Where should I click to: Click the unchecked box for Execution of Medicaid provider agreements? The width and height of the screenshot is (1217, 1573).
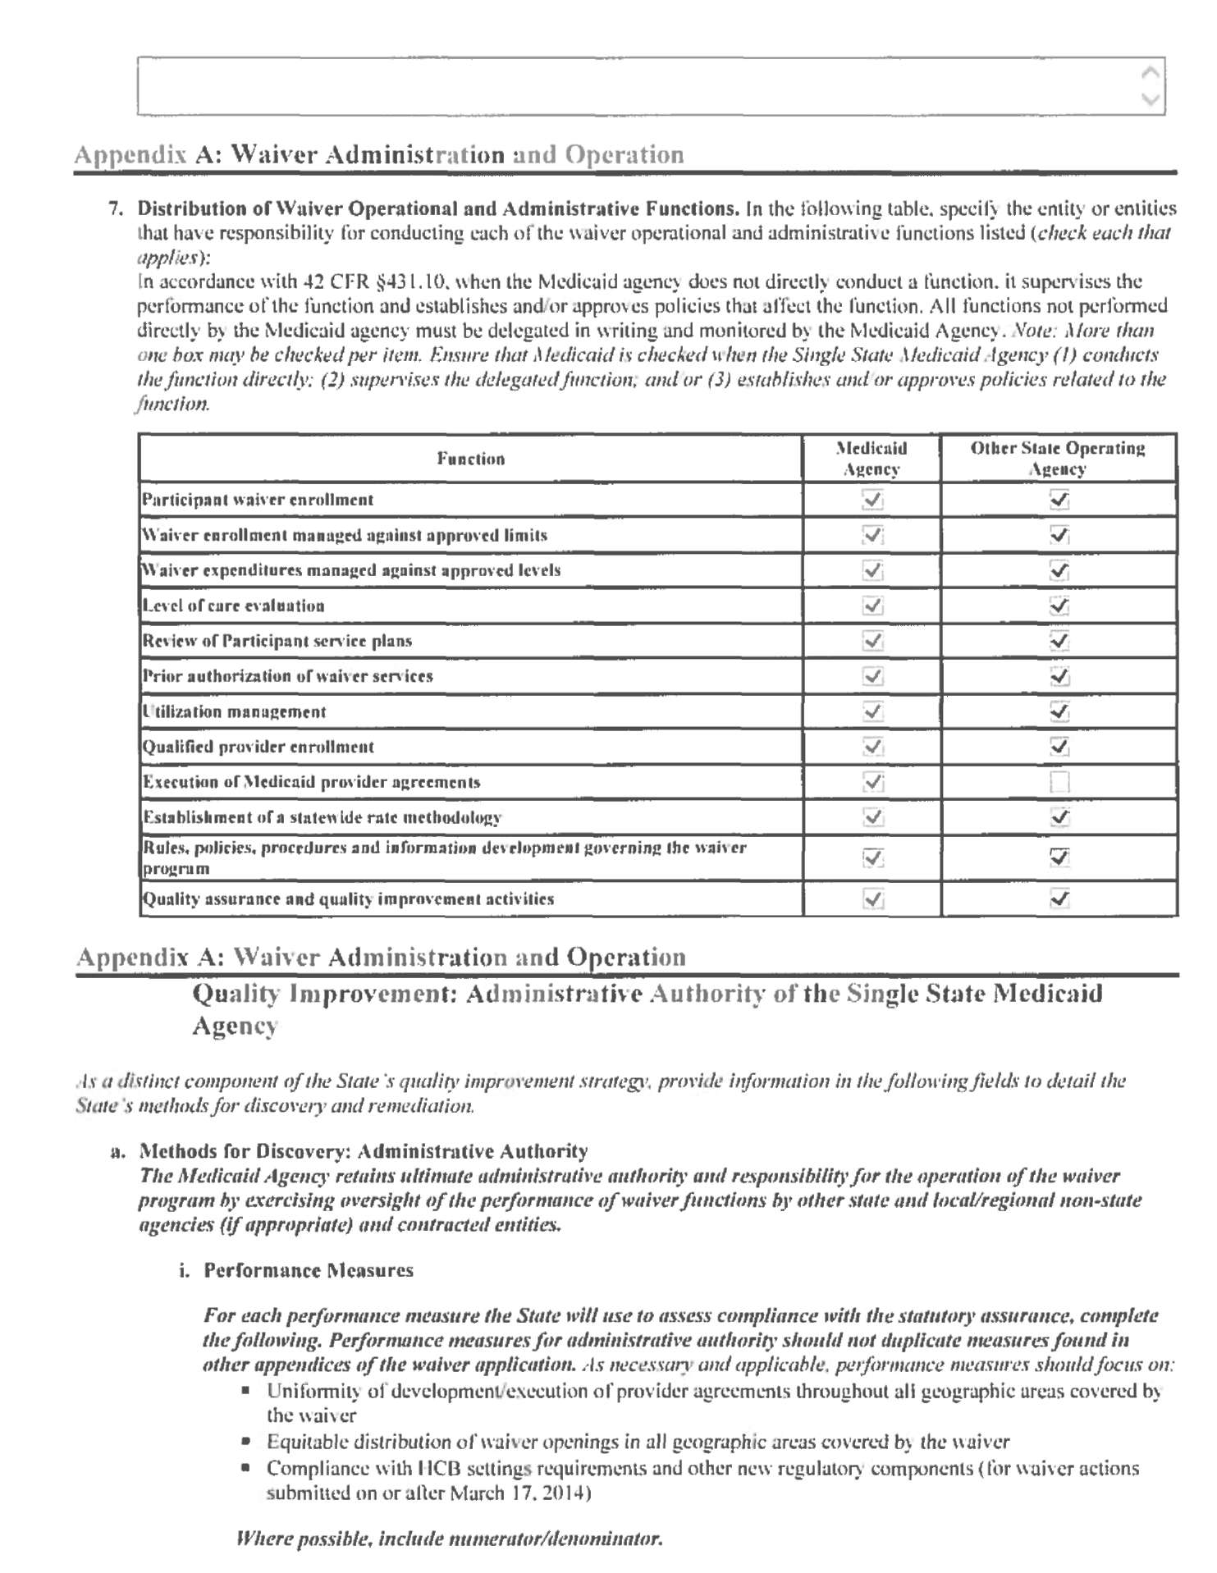click(x=1059, y=782)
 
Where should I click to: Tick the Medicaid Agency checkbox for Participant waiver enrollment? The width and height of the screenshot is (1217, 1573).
click(x=872, y=500)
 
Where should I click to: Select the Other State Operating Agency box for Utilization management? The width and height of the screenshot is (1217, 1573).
click(x=1059, y=711)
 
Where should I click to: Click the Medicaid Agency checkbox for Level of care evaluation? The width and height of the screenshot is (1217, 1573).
click(x=872, y=606)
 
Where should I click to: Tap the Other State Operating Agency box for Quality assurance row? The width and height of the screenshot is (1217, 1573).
click(x=1059, y=899)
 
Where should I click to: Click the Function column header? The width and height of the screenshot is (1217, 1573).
click(x=470, y=459)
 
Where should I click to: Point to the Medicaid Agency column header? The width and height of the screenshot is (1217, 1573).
click(x=872, y=459)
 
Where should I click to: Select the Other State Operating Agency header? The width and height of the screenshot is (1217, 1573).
click(x=1058, y=459)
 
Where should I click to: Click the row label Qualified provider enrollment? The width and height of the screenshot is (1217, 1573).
click(x=258, y=747)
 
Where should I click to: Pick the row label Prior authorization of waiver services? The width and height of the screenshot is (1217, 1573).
click(x=288, y=676)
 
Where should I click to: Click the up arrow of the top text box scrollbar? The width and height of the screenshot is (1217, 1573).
click(x=1151, y=72)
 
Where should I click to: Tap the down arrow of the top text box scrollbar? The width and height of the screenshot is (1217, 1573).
click(x=1151, y=100)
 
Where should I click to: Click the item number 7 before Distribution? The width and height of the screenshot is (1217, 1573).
click(x=116, y=208)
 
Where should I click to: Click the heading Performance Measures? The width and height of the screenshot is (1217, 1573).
click(x=309, y=1270)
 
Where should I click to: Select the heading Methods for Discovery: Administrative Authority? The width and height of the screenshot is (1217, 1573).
click(x=364, y=1151)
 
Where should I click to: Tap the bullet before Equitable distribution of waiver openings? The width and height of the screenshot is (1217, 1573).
click(x=245, y=1442)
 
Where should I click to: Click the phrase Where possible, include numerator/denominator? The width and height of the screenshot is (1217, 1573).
click(x=449, y=1538)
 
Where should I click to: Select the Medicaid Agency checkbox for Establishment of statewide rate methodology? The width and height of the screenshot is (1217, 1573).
click(x=872, y=817)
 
